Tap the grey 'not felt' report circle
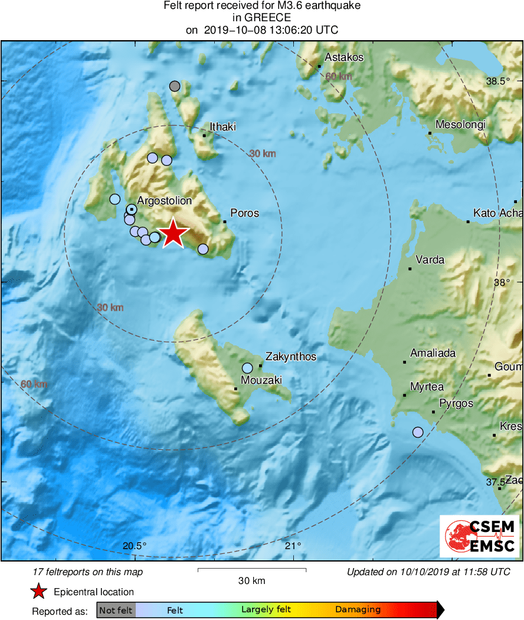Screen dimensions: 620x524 tap(174, 86)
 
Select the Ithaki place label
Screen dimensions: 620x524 tap(223, 127)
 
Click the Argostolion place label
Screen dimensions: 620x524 tap(165, 201)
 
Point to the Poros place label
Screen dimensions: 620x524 tap(244, 213)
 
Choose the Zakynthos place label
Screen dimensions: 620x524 tap(291, 357)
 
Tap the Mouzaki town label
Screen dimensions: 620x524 tap(261, 380)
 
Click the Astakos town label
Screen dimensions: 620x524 tap(344, 57)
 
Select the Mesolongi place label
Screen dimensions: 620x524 tap(460, 125)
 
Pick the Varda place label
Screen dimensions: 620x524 tap(430, 260)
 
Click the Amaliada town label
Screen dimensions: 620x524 tap(433, 353)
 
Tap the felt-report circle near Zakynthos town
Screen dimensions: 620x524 tap(247, 368)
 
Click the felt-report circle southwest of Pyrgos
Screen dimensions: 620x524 tap(418, 432)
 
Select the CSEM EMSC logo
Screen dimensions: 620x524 tap(479, 536)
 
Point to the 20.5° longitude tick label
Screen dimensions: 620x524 tap(135, 545)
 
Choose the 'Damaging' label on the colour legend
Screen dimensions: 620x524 tap(358, 610)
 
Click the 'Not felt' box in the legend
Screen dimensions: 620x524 tap(116, 610)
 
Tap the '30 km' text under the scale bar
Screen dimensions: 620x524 tap(251, 580)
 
